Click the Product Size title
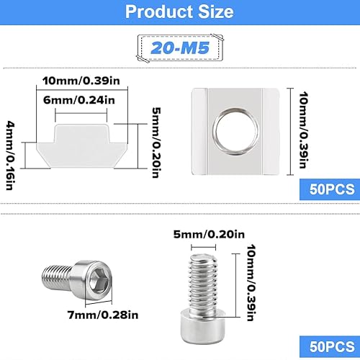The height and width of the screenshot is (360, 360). [179, 12]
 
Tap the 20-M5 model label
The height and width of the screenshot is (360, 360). [180, 48]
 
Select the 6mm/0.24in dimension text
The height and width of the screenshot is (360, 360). [79, 100]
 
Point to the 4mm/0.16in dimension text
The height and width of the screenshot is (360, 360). [11, 156]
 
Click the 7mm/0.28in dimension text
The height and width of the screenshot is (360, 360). [103, 315]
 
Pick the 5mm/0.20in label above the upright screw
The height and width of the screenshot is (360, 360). [209, 234]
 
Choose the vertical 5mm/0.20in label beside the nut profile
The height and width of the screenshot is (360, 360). [156, 143]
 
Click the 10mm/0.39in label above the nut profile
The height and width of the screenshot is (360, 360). [81, 81]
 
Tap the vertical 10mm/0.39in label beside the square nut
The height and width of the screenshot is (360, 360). [303, 130]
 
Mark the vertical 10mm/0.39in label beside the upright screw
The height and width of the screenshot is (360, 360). [251, 283]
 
